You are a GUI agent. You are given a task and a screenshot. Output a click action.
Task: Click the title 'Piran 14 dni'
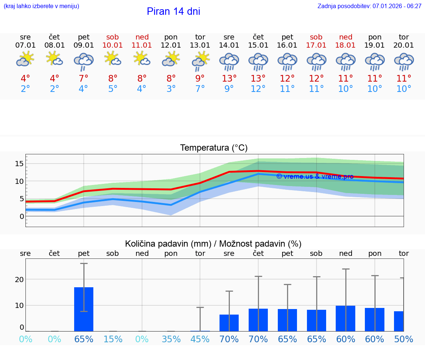[x=173, y=11]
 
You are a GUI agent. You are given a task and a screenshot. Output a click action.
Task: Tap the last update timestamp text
[x=369, y=6]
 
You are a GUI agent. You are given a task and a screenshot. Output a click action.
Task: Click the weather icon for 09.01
[x=84, y=61]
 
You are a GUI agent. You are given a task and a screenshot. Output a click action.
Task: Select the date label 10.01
[x=113, y=45]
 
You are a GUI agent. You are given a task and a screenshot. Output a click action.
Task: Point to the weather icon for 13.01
[x=200, y=61]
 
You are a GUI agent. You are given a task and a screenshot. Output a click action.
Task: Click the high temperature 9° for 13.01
[x=200, y=79]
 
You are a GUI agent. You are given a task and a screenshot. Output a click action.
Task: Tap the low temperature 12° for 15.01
[x=258, y=89]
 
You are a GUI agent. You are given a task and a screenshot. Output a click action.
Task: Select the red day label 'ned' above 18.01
[x=346, y=37]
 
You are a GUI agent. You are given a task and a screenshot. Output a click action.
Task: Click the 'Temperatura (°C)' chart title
[x=214, y=148]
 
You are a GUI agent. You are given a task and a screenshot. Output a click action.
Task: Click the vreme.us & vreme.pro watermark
[x=315, y=176]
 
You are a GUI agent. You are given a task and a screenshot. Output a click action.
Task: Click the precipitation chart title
[x=213, y=244]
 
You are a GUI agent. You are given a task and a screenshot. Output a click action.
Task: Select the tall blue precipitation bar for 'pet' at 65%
[x=84, y=309]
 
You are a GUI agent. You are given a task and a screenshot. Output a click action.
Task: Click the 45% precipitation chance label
[x=200, y=339]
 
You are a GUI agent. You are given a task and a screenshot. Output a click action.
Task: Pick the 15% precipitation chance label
[x=113, y=339]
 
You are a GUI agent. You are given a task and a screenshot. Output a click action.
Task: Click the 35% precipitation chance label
[x=171, y=339]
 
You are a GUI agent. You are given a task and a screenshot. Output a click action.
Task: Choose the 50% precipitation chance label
[x=404, y=339]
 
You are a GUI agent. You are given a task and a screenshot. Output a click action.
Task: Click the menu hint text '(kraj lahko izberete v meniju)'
[x=41, y=6]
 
